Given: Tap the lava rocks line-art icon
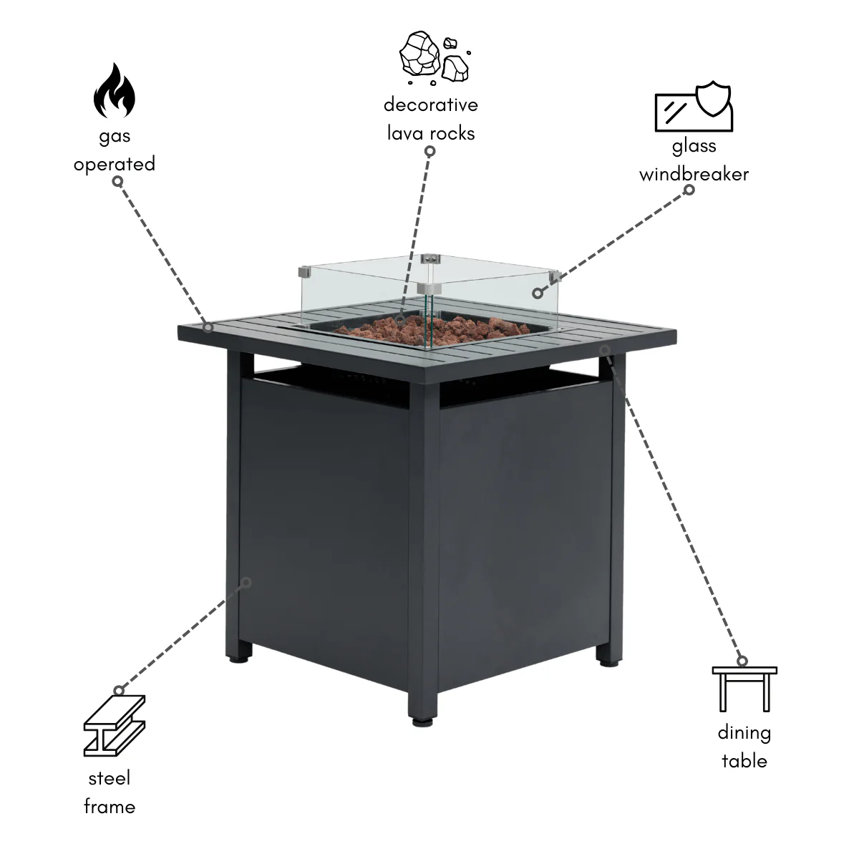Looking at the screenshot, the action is [435, 58].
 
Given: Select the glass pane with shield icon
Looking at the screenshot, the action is [694, 107].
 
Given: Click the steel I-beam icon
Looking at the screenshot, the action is [115, 726].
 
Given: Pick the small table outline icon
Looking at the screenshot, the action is [744, 689].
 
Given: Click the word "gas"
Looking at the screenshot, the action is [115, 137].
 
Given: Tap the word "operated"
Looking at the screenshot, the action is [115, 164].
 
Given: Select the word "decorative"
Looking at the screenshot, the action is [431, 105].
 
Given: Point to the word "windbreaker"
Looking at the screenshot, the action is [694, 174].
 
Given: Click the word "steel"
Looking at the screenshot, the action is [110, 778].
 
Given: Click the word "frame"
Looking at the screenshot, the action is [110, 807].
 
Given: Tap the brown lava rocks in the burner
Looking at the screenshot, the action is [432, 330].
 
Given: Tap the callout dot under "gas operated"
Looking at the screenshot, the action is [117, 181].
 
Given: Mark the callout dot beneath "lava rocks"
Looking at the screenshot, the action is [429, 151].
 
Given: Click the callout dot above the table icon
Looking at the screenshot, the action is [742, 661].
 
